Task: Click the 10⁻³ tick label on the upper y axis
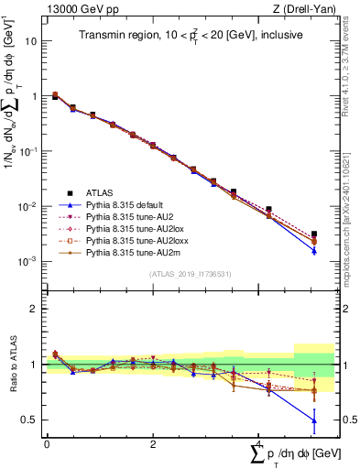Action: coord(28,261)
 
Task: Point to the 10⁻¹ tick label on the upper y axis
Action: coord(28,151)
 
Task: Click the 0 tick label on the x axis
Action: coord(46,443)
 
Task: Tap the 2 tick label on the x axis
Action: coord(151,443)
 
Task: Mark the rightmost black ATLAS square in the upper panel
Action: coord(314,234)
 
